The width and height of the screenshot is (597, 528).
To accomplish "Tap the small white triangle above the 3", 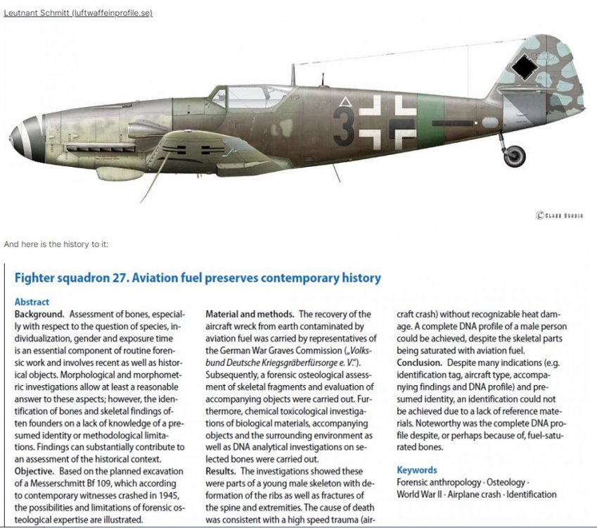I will pyautogui.click(x=345, y=103).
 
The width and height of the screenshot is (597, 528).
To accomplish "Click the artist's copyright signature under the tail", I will pyautogui.click(x=559, y=215).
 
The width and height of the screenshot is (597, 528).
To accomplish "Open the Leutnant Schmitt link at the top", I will pyautogui.click(x=78, y=13).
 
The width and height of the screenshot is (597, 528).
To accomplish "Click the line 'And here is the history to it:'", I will pyautogui.click(x=56, y=244).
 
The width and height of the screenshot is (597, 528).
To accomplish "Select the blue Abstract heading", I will pyautogui.click(x=32, y=302).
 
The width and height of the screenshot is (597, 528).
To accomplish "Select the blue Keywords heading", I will pyautogui.click(x=416, y=470).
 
